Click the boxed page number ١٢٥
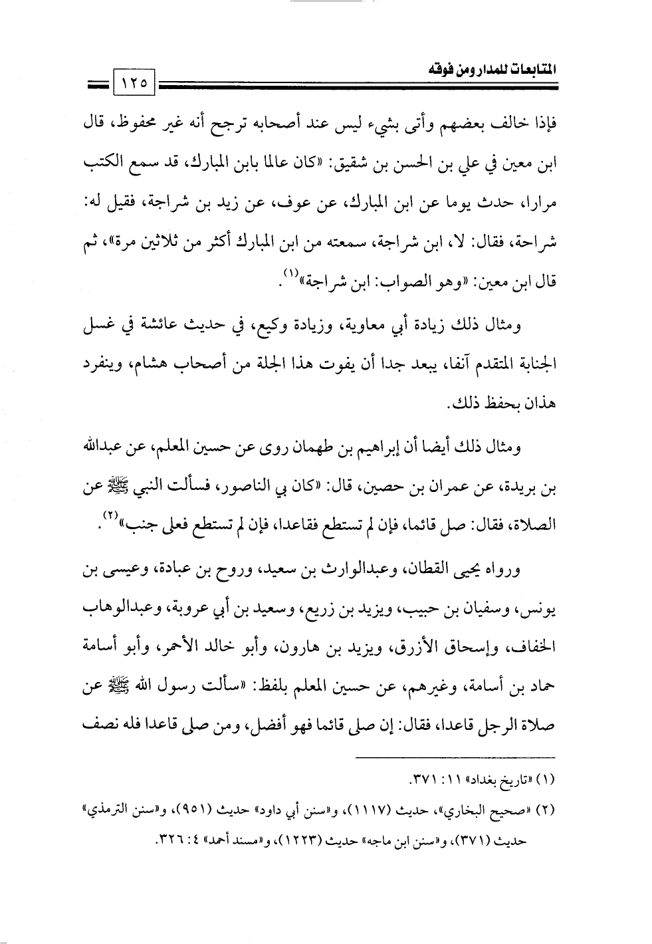[134, 84]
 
